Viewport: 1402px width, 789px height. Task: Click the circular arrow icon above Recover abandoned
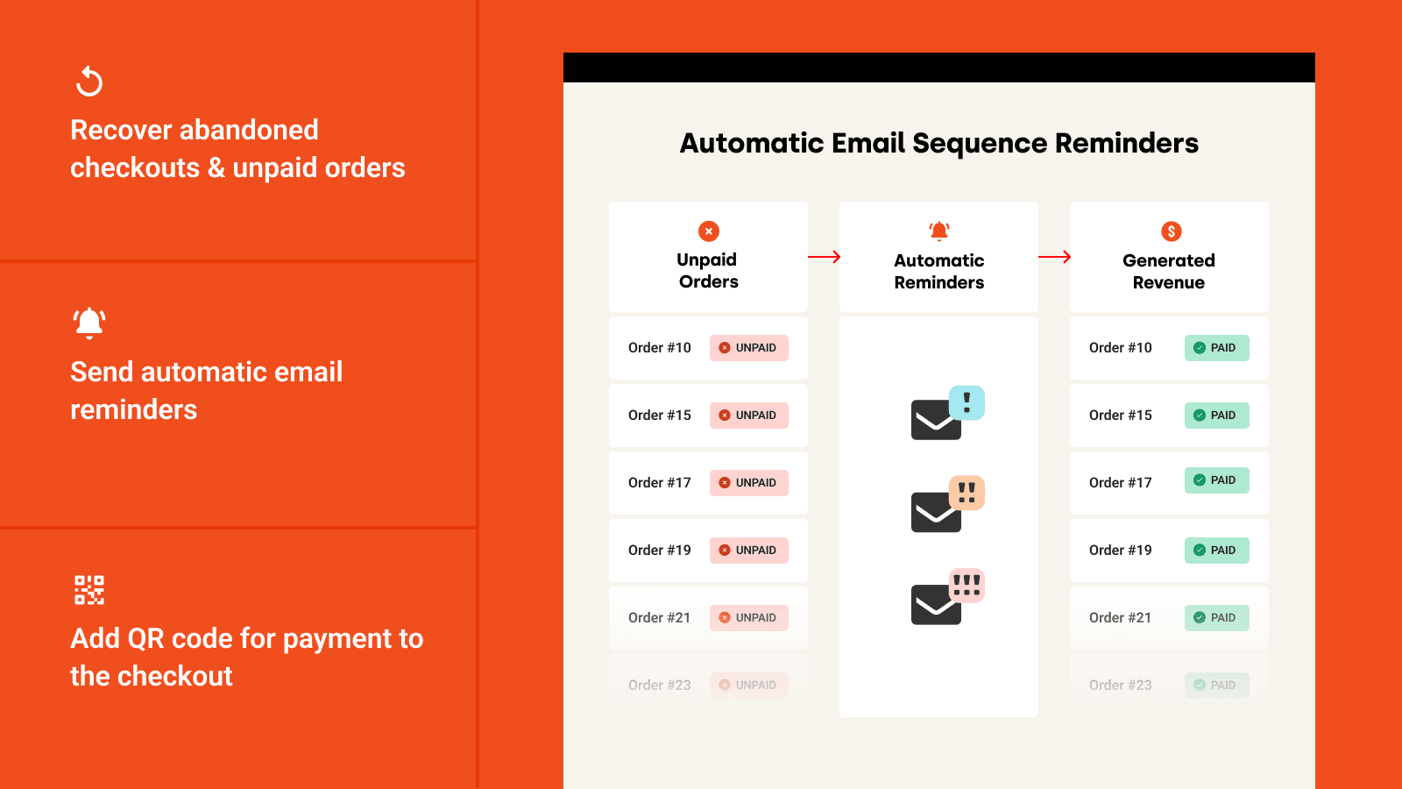click(x=89, y=82)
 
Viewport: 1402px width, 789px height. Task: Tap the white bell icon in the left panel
click(x=89, y=323)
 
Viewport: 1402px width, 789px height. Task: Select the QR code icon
click(x=89, y=590)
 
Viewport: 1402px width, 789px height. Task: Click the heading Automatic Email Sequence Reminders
click(x=938, y=143)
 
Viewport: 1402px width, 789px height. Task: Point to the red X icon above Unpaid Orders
click(x=708, y=231)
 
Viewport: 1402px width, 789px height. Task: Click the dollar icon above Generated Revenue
click(x=1171, y=231)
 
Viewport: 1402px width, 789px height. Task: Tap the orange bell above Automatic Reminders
click(x=939, y=231)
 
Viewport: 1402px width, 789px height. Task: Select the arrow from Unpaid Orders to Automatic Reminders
click(x=824, y=257)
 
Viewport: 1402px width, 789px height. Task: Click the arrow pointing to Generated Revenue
click(x=1054, y=257)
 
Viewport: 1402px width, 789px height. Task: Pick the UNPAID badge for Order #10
click(x=748, y=348)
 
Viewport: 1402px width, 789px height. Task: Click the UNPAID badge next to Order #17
click(x=748, y=483)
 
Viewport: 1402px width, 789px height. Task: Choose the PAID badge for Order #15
click(x=1216, y=416)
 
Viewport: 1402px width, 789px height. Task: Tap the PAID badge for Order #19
click(x=1216, y=551)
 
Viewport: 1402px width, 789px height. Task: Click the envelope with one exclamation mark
click(x=946, y=414)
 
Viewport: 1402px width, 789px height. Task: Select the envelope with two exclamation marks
click(x=946, y=505)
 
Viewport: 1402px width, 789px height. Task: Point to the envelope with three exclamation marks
click(x=946, y=597)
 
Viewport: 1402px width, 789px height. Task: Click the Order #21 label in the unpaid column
click(x=659, y=618)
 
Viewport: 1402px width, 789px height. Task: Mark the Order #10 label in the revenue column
click(x=1120, y=348)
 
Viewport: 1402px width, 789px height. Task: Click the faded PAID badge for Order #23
click(x=1216, y=686)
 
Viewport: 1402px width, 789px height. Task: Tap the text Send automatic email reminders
click(x=206, y=390)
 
